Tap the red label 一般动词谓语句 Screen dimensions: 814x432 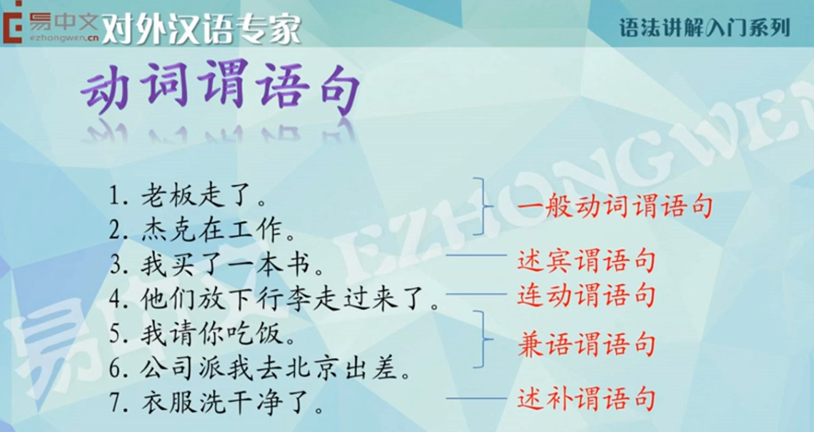(614, 206)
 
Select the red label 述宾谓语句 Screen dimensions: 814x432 (586, 260)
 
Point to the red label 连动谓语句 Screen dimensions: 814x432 (586, 296)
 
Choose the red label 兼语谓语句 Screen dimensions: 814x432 (586, 345)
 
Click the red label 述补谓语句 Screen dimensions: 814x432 (586, 399)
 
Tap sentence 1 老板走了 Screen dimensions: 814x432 (188, 196)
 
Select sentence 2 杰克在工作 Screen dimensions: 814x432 (203, 231)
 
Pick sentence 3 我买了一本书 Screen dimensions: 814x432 (217, 266)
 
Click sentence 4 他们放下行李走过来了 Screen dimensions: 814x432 (275, 300)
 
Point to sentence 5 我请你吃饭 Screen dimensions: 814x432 (203, 334)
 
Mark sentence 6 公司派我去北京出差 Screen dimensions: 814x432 (260, 368)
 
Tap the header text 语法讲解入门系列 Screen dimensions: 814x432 (705, 28)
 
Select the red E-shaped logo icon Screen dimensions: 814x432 (11, 22)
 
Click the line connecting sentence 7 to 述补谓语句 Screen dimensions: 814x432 (476, 398)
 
